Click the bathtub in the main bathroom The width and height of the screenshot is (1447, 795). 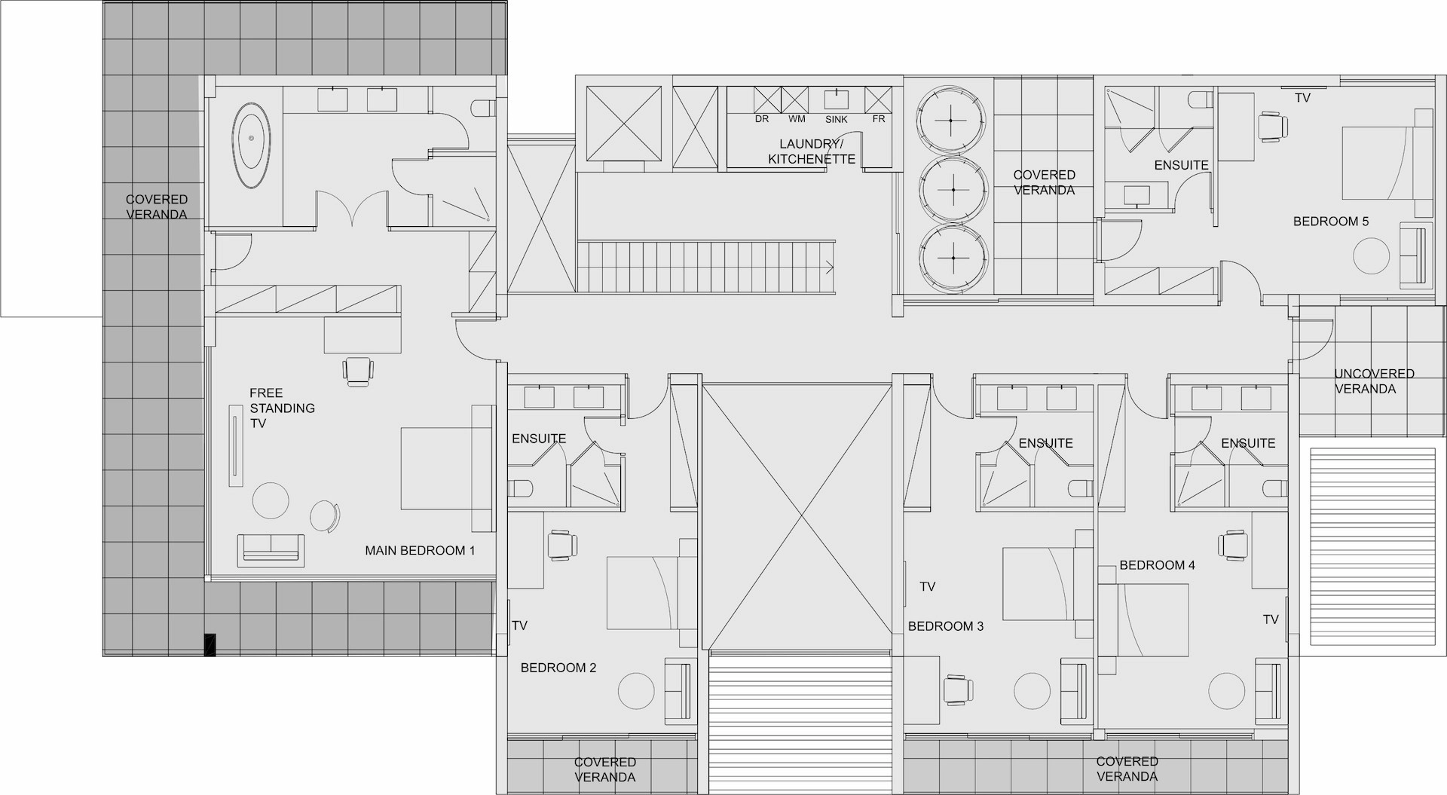pyautogui.click(x=252, y=146)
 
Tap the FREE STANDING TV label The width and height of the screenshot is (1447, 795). pyautogui.click(x=282, y=408)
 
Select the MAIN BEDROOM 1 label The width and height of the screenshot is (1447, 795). pyautogui.click(x=420, y=550)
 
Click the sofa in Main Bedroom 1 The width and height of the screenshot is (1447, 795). pyautogui.click(x=271, y=550)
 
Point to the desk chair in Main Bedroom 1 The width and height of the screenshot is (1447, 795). pyautogui.click(x=358, y=372)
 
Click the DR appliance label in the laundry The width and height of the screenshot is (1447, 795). pyautogui.click(x=762, y=119)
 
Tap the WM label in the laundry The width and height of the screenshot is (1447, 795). pyautogui.click(x=797, y=119)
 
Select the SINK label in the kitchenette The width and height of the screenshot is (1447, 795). pyautogui.click(x=837, y=119)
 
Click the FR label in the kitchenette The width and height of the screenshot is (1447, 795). pyautogui.click(x=879, y=119)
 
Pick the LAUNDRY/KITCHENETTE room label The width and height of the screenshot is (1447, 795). pyautogui.click(x=811, y=151)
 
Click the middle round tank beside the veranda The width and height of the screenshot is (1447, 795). pyautogui.click(x=953, y=190)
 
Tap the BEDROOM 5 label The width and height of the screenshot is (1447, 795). pyautogui.click(x=1331, y=222)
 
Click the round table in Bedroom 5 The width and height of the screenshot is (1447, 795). pyautogui.click(x=1372, y=256)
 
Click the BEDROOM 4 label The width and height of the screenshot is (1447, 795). pyautogui.click(x=1157, y=565)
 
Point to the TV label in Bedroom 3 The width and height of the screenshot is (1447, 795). pyautogui.click(x=927, y=586)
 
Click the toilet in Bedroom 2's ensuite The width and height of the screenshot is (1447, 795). pyautogui.click(x=521, y=488)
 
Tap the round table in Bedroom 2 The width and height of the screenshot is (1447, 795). pyautogui.click(x=637, y=690)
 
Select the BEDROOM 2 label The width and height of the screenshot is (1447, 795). pyautogui.click(x=558, y=668)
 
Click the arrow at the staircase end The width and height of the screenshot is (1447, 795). pyautogui.click(x=830, y=267)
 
